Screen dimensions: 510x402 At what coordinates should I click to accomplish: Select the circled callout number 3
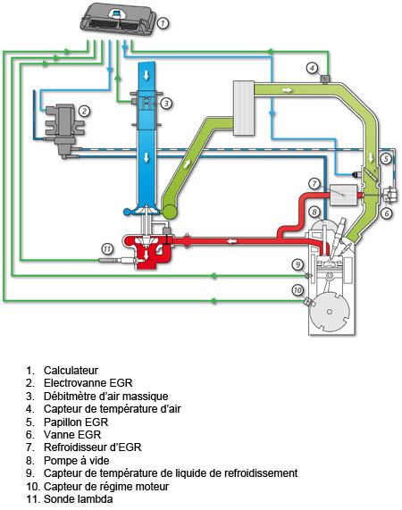click(166, 104)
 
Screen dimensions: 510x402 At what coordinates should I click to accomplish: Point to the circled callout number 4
click(312, 68)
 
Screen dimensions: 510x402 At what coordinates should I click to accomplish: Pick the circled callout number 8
click(314, 212)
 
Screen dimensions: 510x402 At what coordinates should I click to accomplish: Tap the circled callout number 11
click(106, 248)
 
